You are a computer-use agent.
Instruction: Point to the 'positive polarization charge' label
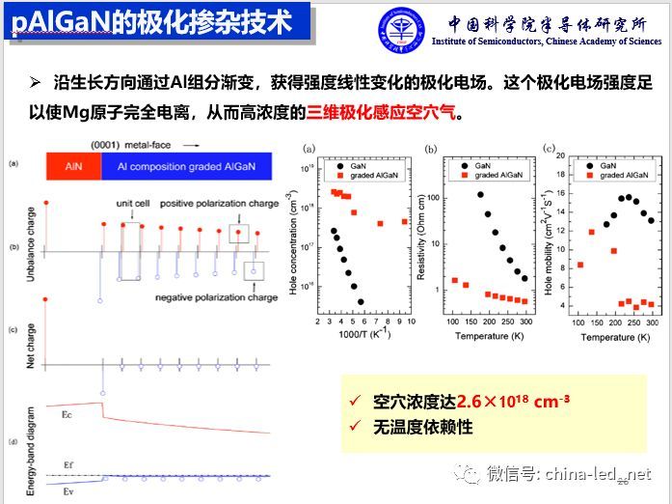207,205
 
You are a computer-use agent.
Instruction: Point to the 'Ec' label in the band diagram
66,414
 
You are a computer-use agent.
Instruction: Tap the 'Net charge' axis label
14,350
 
